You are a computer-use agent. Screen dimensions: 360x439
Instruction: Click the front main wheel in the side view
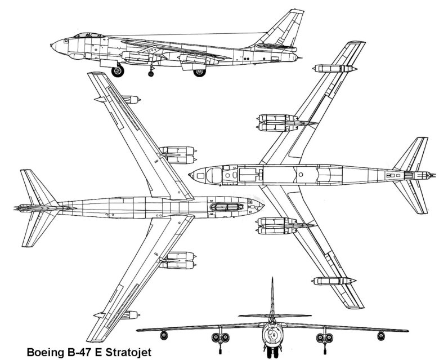click(x=118, y=72)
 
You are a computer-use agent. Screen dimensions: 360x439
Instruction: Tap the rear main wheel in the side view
click(x=199, y=72)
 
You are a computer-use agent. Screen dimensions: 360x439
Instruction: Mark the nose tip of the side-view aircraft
click(x=51, y=43)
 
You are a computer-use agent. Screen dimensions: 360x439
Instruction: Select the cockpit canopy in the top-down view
click(x=225, y=207)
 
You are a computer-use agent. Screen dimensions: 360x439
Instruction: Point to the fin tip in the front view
click(x=272, y=279)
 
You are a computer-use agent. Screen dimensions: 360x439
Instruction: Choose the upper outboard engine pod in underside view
click(x=335, y=69)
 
